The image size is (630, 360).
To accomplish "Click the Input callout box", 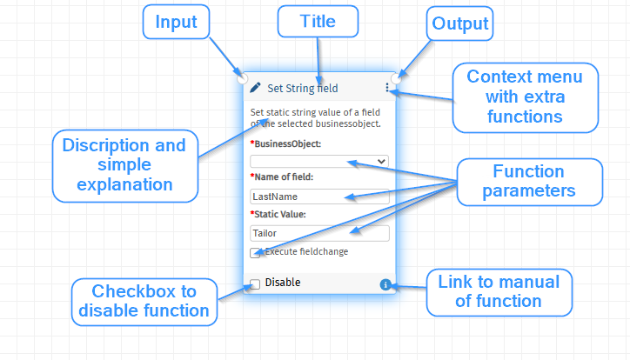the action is click(176, 22).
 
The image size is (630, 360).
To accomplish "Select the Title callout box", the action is click(318, 21).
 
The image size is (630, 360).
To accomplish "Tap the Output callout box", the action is click(460, 23).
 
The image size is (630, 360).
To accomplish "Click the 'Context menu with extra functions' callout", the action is click(525, 97).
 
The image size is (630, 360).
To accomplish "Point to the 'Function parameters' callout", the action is click(530, 182).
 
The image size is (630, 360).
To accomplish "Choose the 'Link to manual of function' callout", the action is click(499, 292).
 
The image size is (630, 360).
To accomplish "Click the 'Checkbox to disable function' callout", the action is click(144, 302).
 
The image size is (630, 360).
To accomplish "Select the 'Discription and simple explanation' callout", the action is click(125, 166).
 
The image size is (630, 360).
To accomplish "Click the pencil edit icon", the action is click(255, 88).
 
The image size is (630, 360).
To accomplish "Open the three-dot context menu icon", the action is click(387, 88).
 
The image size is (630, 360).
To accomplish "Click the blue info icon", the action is click(385, 284).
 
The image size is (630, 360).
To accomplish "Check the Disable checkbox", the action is click(255, 284).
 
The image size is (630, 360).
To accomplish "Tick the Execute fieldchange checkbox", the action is click(255, 253).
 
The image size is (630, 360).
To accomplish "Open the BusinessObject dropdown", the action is click(319, 162).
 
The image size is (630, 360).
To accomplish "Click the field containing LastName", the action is click(319, 197).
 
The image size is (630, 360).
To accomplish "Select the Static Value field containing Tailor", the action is click(319, 233).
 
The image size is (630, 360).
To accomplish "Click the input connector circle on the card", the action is click(242, 78).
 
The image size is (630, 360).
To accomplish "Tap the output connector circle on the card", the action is click(396, 78).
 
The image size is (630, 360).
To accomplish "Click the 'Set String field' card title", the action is click(303, 89).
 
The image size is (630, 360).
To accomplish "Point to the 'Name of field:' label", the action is click(282, 177).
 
